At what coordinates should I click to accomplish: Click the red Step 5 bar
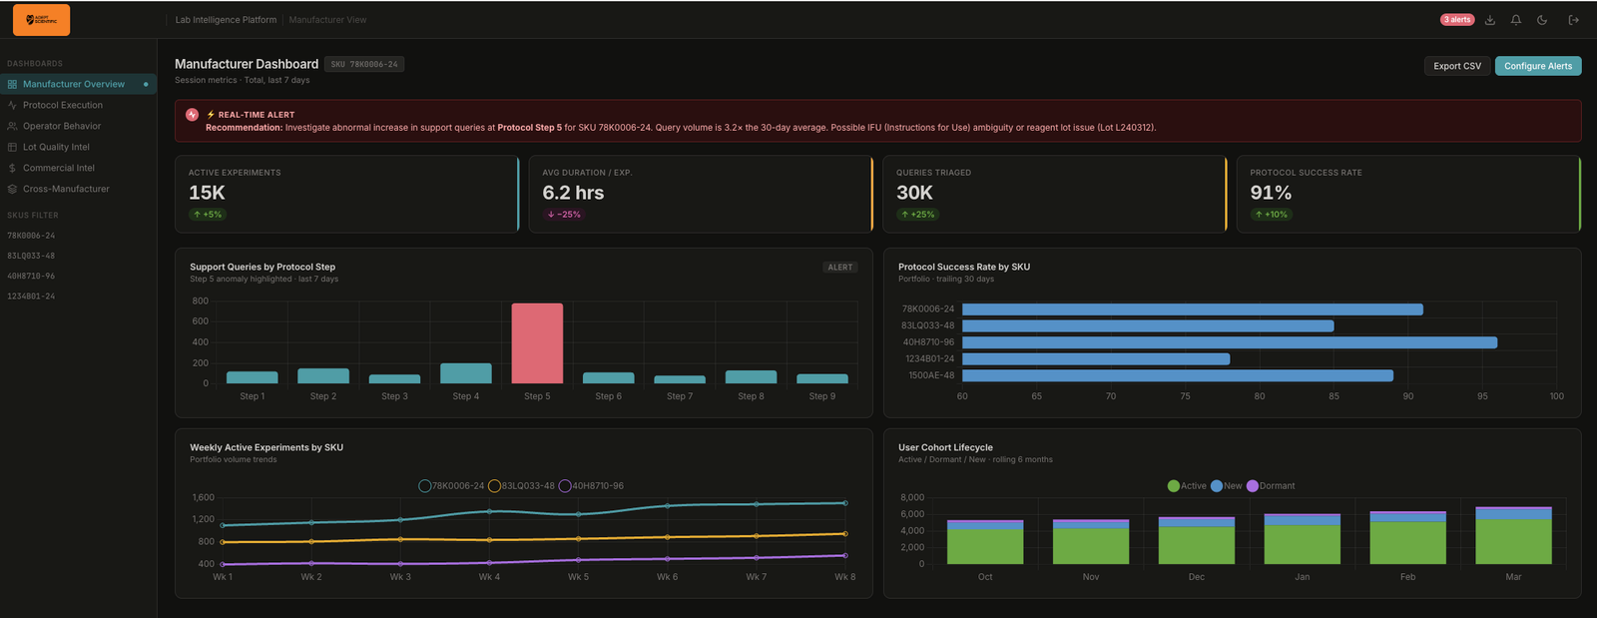pos(537,342)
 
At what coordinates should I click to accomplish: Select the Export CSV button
pos(1457,66)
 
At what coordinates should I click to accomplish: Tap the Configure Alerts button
pos(1537,66)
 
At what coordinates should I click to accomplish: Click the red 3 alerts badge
pos(1457,20)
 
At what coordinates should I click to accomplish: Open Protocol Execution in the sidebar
pos(62,105)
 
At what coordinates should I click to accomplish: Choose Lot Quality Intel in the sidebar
pos(56,147)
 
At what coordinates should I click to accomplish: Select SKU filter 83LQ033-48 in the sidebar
pos(31,256)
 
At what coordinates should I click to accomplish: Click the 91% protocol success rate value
pos(1271,193)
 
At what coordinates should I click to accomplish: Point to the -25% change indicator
pos(564,215)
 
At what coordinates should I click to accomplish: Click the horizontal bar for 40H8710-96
pos(1229,342)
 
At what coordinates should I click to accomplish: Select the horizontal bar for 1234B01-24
pos(1095,358)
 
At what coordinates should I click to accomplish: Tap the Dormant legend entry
pos(1271,486)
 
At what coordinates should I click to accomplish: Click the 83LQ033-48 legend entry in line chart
pos(521,486)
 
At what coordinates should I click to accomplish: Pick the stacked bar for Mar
pos(1513,536)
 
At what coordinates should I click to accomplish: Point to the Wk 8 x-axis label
pos(844,577)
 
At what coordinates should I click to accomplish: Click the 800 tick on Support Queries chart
pos(201,301)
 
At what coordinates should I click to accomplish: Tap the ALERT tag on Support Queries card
pos(840,268)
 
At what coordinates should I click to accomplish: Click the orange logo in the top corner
pos(41,19)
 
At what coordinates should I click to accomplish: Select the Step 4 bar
pos(466,373)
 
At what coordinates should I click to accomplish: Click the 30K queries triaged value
pos(914,193)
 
